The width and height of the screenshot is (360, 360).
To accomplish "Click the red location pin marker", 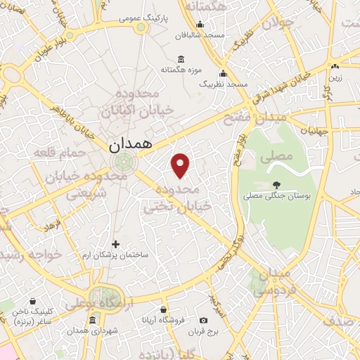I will pyautogui.click(x=181, y=165).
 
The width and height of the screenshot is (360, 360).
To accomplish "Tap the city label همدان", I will pyautogui.click(x=130, y=146).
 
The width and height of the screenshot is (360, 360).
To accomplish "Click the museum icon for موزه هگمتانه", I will pyautogui.click(x=181, y=58).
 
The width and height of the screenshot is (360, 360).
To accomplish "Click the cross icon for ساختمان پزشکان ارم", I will pyautogui.click(x=116, y=244).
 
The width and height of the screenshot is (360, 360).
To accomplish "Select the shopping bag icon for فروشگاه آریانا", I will pyautogui.click(x=163, y=309).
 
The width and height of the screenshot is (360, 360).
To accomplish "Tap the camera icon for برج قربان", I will pyautogui.click(x=203, y=320).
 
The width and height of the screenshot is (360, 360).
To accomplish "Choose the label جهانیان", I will pyautogui.click(x=313, y=131).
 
